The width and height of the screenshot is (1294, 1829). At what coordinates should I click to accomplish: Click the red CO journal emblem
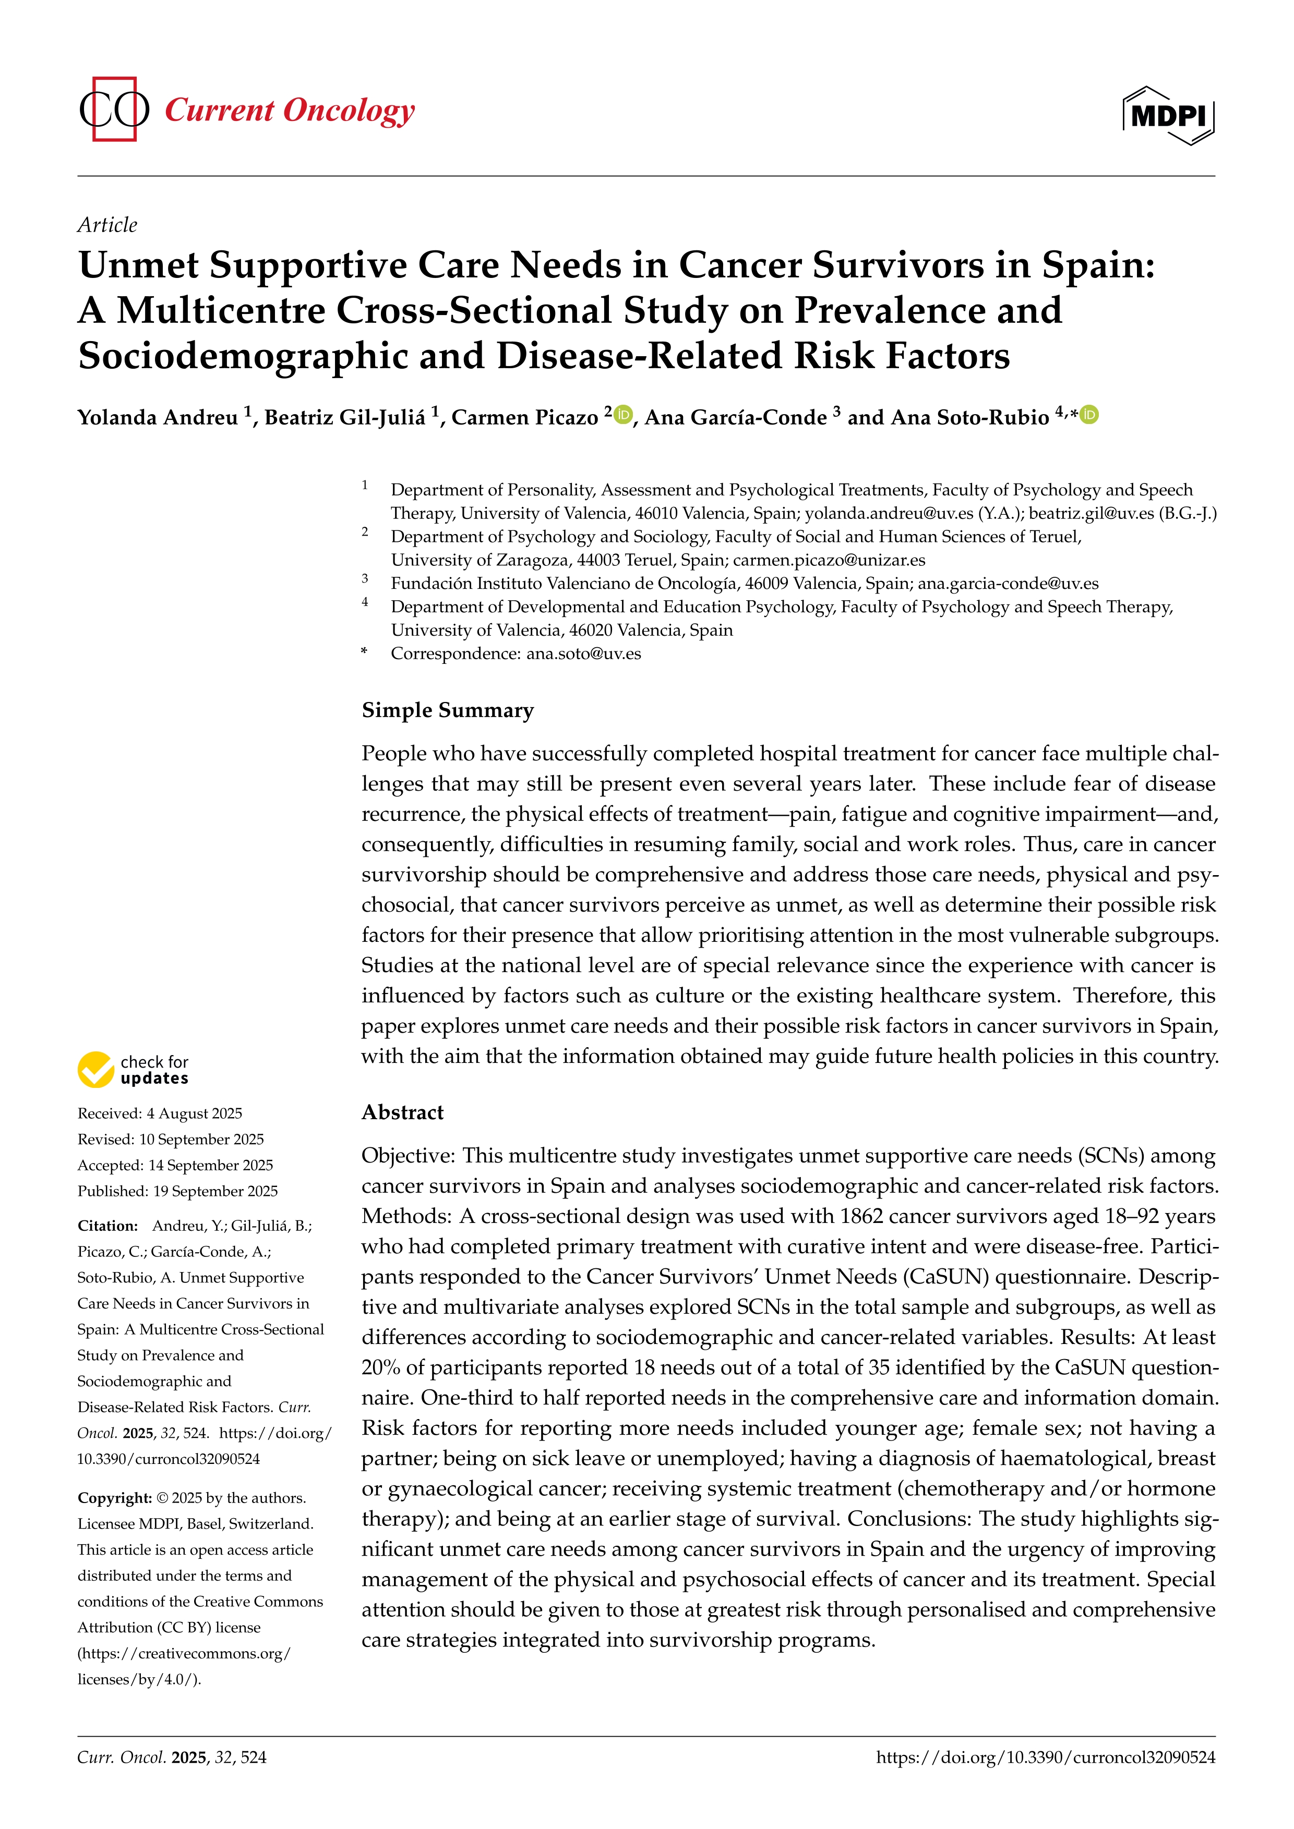[114, 109]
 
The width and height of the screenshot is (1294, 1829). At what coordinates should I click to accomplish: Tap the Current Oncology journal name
[289, 110]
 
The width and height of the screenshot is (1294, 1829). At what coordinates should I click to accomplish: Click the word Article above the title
[107, 225]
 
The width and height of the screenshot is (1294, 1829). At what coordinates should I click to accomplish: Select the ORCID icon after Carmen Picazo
[623, 414]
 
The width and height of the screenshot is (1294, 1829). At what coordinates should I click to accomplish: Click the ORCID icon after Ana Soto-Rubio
[1089, 414]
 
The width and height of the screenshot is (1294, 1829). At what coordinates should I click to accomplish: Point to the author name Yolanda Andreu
[158, 417]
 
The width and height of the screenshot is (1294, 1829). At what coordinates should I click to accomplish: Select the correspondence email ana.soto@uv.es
[583, 654]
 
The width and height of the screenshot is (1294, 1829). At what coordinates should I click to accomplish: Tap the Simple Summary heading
[447, 710]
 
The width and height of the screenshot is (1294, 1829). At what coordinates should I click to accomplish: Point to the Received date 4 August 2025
[159, 1113]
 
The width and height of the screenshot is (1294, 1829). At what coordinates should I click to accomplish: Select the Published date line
[177, 1191]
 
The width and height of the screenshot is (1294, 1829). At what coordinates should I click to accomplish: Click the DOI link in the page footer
[1046, 1758]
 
